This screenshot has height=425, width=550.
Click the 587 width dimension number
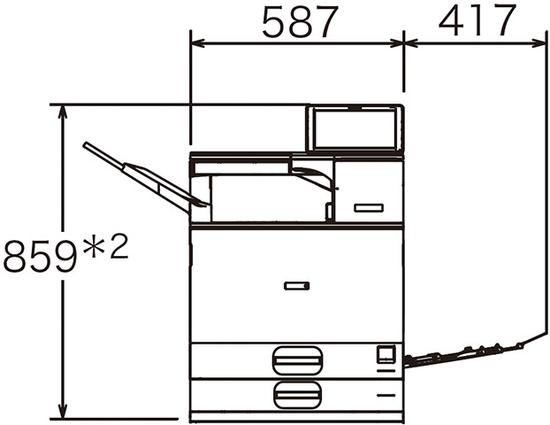coord(301,22)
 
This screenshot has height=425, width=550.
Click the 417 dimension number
coord(477,19)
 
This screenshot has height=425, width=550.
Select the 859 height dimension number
coord(40,256)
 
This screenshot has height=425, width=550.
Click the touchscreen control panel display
coord(355,128)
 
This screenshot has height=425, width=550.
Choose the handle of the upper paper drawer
coord(297,360)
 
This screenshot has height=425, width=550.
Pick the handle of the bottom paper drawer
coord(297,396)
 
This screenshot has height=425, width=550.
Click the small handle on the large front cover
coord(297,286)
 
